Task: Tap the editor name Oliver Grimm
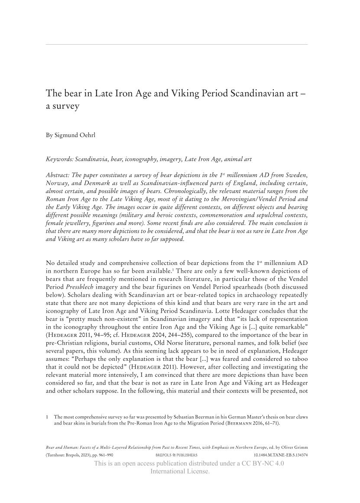point(296,447)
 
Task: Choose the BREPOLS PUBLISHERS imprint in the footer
point(176,455)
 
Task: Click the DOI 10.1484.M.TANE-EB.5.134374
point(280,455)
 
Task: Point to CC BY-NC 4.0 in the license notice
point(264,464)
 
